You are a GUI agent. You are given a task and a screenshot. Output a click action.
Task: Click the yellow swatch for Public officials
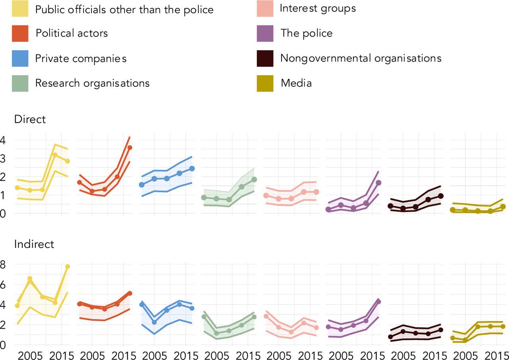click(x=20, y=9)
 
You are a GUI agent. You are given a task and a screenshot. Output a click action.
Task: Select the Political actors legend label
click(x=72, y=33)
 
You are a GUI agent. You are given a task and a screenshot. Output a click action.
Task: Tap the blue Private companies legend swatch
click(x=20, y=58)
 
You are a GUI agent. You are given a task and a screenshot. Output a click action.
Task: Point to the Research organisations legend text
click(x=92, y=83)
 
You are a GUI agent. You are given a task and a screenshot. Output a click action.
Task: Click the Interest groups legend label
click(x=318, y=8)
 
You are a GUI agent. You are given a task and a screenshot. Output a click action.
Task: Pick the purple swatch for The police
click(x=265, y=33)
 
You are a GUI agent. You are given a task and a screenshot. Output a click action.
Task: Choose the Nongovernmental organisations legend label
click(x=361, y=58)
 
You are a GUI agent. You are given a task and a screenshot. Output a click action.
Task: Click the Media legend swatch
click(x=265, y=84)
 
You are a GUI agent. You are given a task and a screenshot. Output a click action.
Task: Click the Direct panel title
click(x=30, y=119)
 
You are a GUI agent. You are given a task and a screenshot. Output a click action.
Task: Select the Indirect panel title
click(x=34, y=244)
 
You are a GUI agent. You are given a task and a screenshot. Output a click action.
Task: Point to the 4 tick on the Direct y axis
click(x=3, y=140)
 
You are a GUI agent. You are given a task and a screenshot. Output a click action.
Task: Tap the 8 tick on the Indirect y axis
click(x=3, y=265)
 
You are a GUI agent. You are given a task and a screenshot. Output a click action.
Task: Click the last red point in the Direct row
click(x=130, y=148)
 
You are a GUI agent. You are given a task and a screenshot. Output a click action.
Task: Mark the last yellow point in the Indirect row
click(x=68, y=267)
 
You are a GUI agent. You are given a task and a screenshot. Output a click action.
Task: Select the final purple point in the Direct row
click(x=379, y=183)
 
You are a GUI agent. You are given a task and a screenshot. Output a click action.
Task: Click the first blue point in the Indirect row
click(x=142, y=304)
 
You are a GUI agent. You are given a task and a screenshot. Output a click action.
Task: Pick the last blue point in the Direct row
click(x=192, y=168)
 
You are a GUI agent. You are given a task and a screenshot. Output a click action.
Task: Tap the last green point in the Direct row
click(x=254, y=179)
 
